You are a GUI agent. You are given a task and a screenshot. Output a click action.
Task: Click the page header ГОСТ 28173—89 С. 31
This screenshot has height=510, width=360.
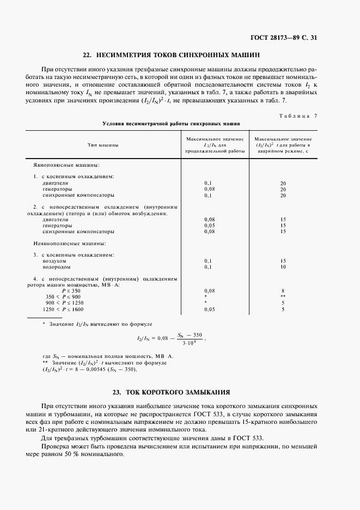[285, 38]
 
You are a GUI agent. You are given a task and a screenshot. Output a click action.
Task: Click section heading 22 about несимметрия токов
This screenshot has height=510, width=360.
[171, 55]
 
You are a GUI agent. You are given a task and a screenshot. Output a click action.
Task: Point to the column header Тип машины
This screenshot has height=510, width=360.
[102, 145]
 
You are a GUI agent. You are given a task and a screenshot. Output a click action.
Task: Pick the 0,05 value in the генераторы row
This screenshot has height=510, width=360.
[210, 225]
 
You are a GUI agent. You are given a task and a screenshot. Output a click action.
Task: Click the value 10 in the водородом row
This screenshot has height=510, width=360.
[283, 267]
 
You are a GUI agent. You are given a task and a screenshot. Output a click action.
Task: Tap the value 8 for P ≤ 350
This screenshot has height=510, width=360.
[283, 291]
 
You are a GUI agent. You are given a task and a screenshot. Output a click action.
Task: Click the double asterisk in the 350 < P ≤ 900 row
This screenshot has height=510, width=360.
[283, 297]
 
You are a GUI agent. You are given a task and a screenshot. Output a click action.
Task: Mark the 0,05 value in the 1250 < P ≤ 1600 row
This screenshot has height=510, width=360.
[210, 309]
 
